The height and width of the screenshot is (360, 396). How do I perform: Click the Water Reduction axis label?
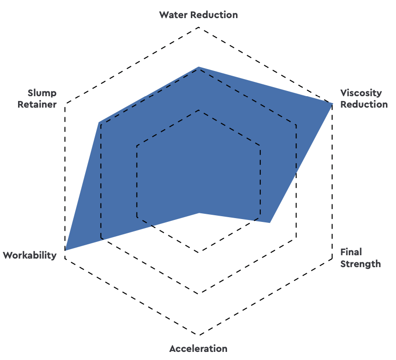[x=198, y=15]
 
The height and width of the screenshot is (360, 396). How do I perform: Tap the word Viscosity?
[x=361, y=93]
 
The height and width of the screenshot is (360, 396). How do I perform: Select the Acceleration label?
[x=198, y=349]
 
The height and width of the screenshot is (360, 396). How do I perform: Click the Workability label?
[x=30, y=255]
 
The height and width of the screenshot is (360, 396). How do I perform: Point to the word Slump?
[x=42, y=93]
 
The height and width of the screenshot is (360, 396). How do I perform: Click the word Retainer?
[x=37, y=104]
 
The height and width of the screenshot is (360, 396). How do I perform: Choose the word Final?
[x=351, y=252]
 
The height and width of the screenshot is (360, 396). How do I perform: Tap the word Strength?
[x=361, y=264]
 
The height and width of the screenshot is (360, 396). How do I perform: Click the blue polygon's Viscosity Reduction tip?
[x=332, y=104]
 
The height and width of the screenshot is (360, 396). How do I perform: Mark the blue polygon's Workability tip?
[x=65, y=250]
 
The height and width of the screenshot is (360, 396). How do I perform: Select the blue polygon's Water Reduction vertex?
[x=199, y=67]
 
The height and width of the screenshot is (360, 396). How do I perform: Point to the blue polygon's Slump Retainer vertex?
[x=99, y=123]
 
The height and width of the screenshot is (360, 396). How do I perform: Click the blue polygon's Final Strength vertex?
[x=270, y=222]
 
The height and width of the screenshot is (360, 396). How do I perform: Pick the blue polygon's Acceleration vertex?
[x=199, y=213]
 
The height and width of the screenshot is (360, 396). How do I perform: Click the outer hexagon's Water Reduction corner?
[x=199, y=27]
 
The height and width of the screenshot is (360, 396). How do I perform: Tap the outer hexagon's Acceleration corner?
[x=199, y=335]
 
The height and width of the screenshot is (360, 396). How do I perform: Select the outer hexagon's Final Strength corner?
[x=332, y=259]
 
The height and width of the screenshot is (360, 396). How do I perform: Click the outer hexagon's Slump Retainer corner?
[x=65, y=104]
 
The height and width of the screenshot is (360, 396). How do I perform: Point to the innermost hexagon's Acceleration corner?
[x=199, y=252]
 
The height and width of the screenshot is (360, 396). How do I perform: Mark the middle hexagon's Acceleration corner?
[x=199, y=293]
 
